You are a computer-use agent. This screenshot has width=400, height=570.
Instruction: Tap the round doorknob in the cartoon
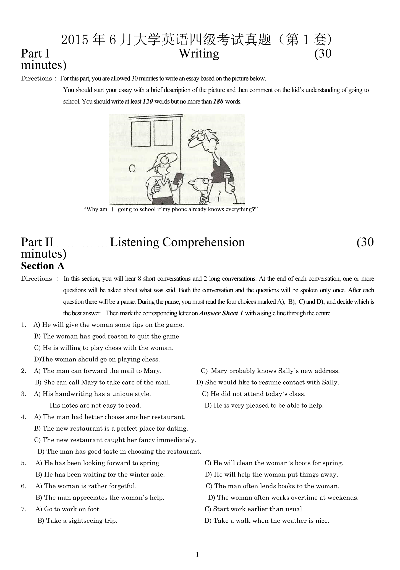click(132, 168)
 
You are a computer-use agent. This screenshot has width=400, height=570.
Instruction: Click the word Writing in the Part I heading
click(199, 53)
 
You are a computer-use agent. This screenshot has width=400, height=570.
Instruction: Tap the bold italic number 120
click(148, 101)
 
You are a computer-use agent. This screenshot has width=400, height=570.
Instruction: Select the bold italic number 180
click(218, 101)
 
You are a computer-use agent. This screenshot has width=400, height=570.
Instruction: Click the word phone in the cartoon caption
click(179, 209)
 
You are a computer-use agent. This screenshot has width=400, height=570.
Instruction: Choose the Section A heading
click(43, 266)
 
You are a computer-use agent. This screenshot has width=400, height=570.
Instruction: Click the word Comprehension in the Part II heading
click(203, 242)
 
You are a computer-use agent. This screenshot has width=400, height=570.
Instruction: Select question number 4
click(23, 417)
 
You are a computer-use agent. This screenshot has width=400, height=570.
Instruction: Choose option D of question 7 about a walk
click(267, 521)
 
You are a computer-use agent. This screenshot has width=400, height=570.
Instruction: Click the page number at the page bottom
click(197, 555)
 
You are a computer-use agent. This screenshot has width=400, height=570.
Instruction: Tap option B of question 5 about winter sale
click(100, 475)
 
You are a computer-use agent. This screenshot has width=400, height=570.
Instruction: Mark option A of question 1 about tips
click(109, 325)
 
